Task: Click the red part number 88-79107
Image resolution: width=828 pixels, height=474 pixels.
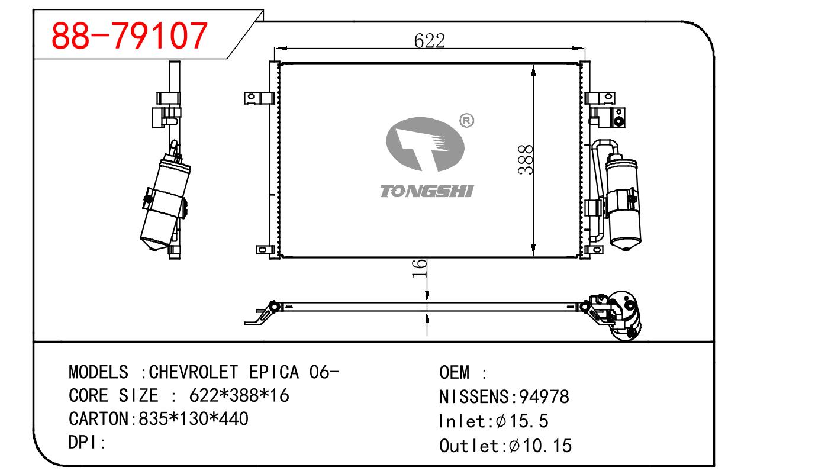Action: (x=130, y=36)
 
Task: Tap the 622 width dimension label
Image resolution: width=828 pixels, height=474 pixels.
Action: (x=430, y=41)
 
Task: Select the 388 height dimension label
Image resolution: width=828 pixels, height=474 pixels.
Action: (x=525, y=160)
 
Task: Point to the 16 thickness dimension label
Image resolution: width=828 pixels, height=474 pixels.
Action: (x=420, y=269)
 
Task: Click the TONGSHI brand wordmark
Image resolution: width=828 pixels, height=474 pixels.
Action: (x=427, y=191)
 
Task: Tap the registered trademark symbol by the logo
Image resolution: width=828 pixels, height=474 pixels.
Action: (x=466, y=121)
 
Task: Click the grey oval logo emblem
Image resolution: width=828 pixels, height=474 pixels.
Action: (x=425, y=144)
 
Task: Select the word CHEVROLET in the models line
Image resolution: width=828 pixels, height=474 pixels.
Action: (x=193, y=372)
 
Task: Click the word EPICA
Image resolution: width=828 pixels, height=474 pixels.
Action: (x=273, y=372)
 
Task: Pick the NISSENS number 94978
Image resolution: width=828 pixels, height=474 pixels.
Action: (x=544, y=397)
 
